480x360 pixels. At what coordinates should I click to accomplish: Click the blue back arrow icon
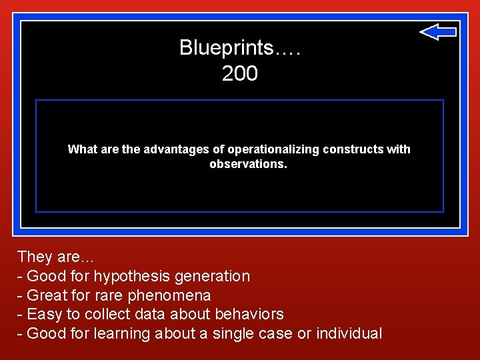(x=438, y=31)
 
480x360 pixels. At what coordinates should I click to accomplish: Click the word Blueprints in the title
(x=226, y=48)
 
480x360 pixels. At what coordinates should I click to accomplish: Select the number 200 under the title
(x=240, y=74)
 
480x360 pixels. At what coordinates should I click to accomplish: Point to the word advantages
(x=150, y=149)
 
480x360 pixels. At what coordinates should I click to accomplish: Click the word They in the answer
(x=34, y=257)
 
